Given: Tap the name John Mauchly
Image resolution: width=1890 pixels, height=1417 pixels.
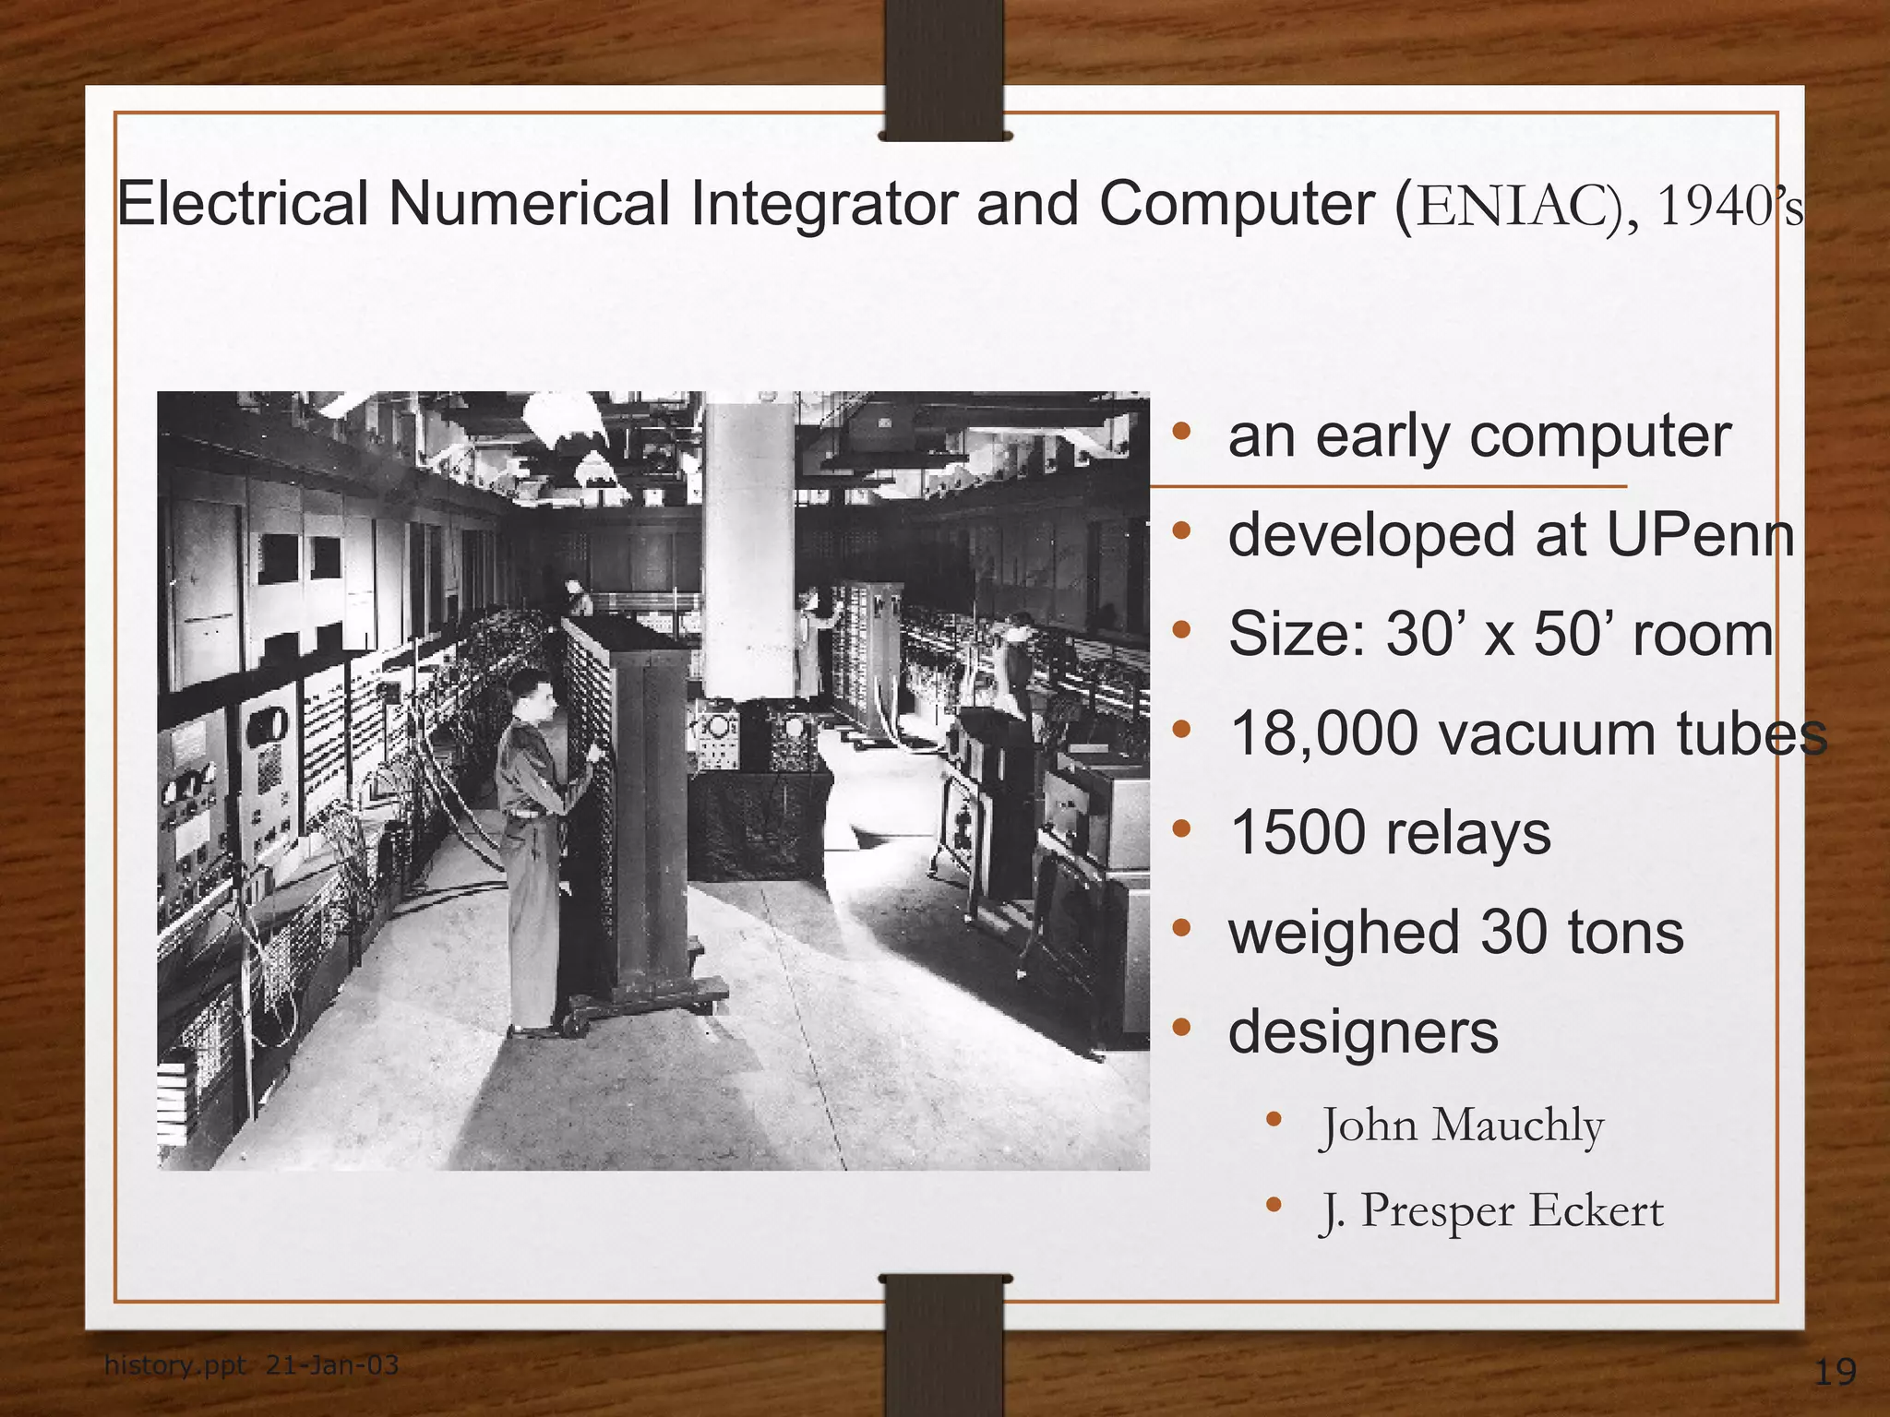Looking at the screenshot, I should pyautogui.click(x=1463, y=1125).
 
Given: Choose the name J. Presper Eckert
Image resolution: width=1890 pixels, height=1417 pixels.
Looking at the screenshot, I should pyautogui.click(x=1492, y=1210).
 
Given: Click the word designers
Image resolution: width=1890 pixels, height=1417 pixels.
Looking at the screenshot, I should pyautogui.click(x=1363, y=1031).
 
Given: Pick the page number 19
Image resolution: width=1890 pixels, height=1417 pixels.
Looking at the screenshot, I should pyautogui.click(x=1835, y=1372).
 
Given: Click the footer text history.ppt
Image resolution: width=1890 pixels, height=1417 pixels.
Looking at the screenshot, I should pyautogui.click(x=175, y=1364).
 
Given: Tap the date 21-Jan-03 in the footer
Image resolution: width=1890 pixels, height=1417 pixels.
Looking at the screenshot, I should pyautogui.click(x=332, y=1364).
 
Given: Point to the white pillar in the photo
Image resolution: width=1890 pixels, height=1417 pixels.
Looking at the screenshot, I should pyautogui.click(x=748, y=544).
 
